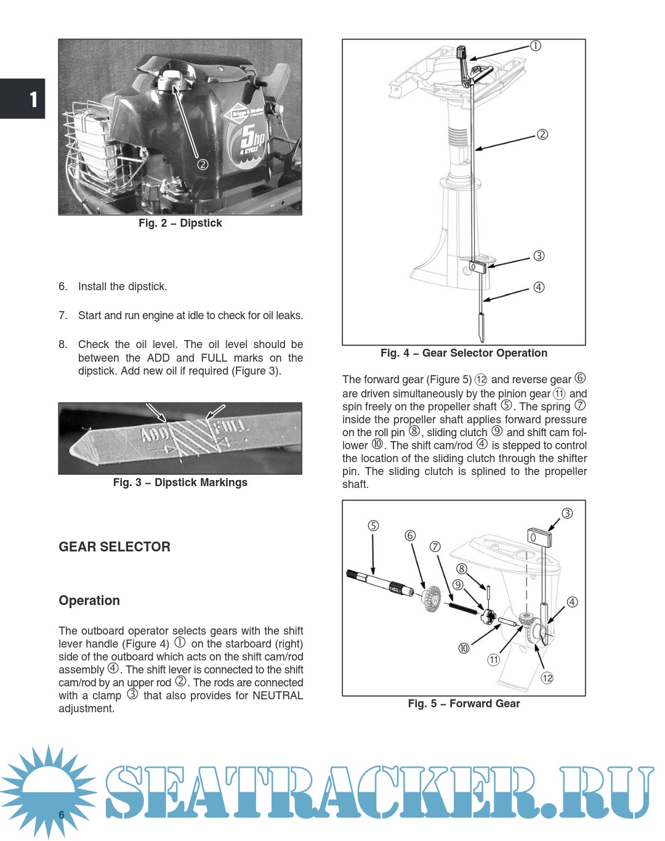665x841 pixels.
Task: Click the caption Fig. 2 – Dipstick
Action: (x=180, y=223)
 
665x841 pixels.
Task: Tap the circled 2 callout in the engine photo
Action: (x=203, y=165)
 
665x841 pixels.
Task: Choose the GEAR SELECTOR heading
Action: (x=115, y=547)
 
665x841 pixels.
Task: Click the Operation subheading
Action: (x=89, y=601)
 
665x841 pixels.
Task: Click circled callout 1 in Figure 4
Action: (x=536, y=46)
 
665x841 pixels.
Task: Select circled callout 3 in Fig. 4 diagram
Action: (x=539, y=256)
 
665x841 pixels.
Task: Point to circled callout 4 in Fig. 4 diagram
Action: (x=539, y=287)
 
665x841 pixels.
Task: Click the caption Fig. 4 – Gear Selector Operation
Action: (x=464, y=353)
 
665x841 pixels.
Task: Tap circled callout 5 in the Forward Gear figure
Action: (x=373, y=526)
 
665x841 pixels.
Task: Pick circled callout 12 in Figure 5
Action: (x=547, y=678)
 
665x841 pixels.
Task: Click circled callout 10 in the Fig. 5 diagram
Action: (x=464, y=648)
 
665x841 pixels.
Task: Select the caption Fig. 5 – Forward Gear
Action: (x=464, y=704)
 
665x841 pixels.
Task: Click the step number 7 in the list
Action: (x=63, y=315)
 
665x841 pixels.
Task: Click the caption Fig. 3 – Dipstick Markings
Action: (x=180, y=482)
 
